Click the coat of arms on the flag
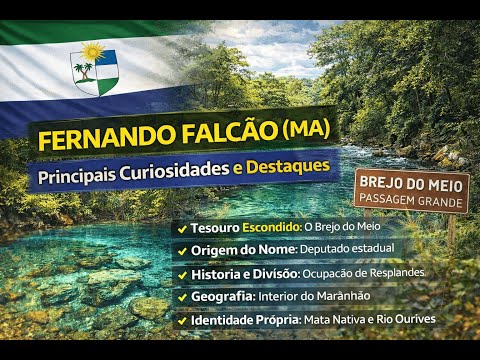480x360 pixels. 93,72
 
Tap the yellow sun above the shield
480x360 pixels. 93,50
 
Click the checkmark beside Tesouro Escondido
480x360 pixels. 181,227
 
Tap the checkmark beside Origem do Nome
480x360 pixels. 181,249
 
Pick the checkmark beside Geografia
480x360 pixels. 181,297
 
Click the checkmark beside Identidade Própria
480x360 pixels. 181,321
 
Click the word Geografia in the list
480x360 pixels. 221,297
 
